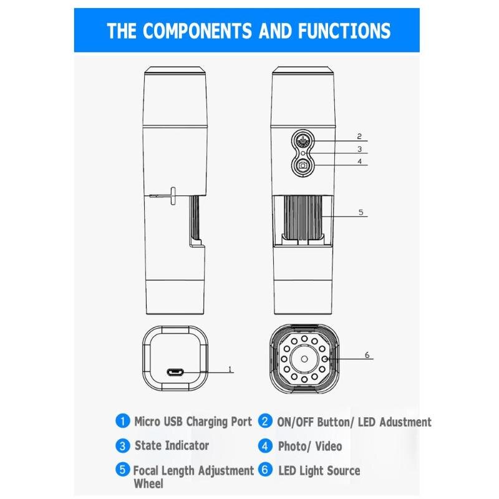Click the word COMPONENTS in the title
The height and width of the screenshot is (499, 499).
[x=197, y=31]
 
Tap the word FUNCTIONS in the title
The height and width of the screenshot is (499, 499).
[x=344, y=31]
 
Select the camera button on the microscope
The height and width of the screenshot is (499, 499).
[x=303, y=165]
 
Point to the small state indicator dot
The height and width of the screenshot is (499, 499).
[x=303, y=153]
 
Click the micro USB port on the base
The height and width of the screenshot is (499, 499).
[x=175, y=372]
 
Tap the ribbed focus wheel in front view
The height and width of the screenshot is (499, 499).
[x=303, y=217]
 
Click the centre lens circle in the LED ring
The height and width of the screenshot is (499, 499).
[x=304, y=359]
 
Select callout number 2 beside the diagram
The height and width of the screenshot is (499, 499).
[x=359, y=137]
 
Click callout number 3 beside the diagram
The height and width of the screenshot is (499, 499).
[x=360, y=149]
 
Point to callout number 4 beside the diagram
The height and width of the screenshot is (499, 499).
[x=360, y=162]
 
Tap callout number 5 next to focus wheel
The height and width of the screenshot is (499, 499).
[x=361, y=212]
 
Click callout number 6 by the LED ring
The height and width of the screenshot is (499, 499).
[x=367, y=355]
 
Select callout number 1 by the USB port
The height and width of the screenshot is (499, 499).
[x=230, y=369]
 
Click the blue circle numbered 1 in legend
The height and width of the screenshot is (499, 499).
[x=122, y=421]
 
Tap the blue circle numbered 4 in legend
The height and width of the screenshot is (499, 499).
[x=265, y=446]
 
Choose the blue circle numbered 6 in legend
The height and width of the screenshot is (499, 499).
[x=265, y=470]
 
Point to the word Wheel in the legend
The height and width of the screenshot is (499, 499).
[x=148, y=483]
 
